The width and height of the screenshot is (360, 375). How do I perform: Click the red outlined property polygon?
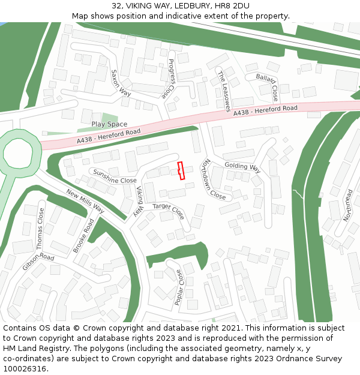point(181,170)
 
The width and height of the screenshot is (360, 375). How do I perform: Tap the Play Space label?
point(109,124)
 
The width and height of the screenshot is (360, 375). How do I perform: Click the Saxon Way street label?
point(121,83)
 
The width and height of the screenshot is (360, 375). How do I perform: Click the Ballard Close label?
point(267,86)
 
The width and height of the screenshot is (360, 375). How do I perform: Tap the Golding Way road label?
point(242,166)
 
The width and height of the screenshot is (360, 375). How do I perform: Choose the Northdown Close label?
point(214,179)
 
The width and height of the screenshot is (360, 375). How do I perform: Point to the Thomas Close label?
point(41,229)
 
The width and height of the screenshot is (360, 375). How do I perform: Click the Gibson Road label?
point(38,262)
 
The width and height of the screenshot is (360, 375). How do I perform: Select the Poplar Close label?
point(179,287)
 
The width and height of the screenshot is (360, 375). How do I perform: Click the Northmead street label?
point(349,205)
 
